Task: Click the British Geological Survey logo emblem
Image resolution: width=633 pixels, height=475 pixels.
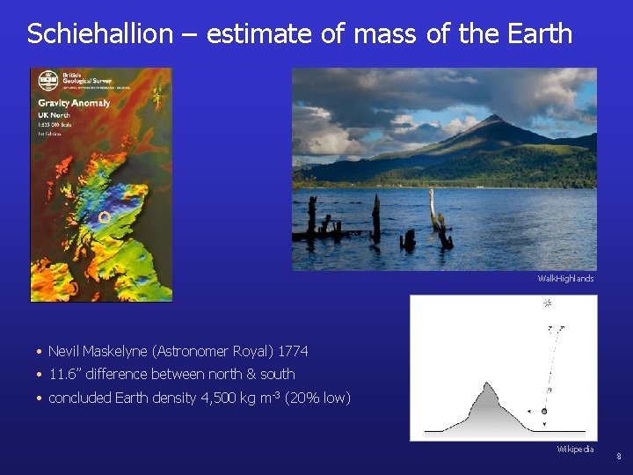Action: (47, 81)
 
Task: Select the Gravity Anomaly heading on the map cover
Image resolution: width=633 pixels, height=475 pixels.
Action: (74, 103)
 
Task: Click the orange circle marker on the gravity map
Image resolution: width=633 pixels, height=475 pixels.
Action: (104, 216)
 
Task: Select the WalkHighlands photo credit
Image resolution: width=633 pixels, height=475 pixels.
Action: (565, 279)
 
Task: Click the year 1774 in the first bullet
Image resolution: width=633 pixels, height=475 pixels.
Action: (293, 351)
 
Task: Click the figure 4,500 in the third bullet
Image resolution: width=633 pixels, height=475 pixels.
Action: (220, 398)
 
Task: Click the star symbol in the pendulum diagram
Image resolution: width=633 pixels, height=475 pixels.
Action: (547, 303)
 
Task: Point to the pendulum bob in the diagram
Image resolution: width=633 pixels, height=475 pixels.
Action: (545, 411)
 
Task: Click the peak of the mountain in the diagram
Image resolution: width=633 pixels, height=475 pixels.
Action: (485, 384)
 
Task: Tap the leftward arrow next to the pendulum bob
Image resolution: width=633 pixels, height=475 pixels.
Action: (531, 411)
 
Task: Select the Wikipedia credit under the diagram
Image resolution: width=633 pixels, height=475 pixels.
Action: (575, 449)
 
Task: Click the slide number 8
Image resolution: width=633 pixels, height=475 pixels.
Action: (618, 457)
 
